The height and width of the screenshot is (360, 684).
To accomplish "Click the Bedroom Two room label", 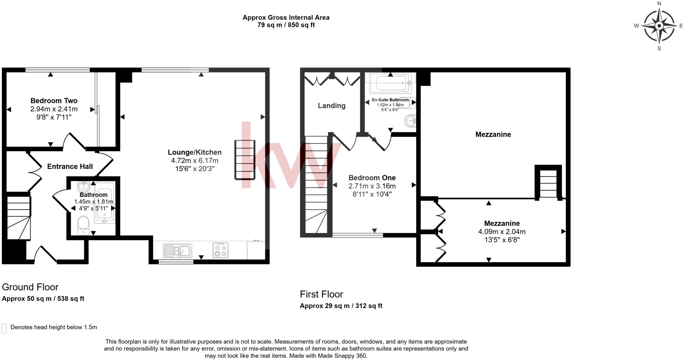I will click(54, 101).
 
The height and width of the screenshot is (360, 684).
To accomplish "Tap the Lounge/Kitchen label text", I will click(194, 152).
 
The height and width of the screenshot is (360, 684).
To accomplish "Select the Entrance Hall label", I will click(70, 166).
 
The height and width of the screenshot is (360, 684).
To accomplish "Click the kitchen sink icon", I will click(178, 251).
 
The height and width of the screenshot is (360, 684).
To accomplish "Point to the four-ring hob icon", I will click(220, 250).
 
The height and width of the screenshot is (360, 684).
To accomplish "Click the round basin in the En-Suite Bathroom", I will click(410, 121).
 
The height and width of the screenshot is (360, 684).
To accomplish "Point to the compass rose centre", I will click(659, 26).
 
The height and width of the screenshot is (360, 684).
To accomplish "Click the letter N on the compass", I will click(659, 4).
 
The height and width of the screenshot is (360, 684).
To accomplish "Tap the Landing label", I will click(331, 106).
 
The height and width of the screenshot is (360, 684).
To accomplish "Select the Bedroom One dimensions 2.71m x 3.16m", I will click(372, 186).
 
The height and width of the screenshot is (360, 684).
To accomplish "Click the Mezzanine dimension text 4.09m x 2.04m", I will click(502, 231).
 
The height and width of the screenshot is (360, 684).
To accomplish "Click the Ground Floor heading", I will click(30, 287).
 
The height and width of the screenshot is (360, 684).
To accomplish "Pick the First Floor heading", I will click(321, 294).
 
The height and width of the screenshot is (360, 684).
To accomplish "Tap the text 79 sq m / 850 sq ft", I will click(286, 25).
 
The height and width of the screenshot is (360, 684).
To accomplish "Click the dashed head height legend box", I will click(4, 328).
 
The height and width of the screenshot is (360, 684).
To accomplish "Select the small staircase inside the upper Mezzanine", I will click(548, 183).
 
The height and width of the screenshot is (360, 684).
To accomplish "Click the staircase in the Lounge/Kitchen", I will click(245, 160).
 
